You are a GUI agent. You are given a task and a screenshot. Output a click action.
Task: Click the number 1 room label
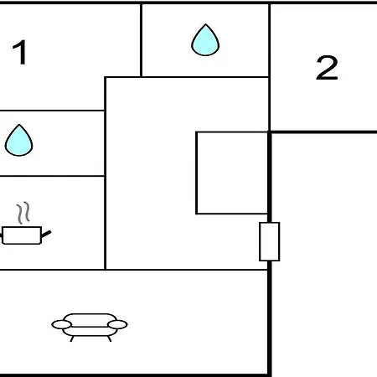20,52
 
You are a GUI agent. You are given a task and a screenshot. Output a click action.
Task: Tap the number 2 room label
327,67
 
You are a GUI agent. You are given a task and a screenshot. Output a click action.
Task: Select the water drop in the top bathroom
205,40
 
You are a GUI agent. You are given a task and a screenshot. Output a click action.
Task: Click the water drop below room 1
18,140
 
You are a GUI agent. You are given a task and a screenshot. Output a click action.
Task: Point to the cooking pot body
22,235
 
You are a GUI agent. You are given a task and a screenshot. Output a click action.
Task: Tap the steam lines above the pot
23,213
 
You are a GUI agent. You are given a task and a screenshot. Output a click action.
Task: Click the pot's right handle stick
46,234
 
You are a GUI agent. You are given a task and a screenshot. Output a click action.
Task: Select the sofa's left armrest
61,324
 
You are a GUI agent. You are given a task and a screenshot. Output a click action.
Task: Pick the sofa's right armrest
117,324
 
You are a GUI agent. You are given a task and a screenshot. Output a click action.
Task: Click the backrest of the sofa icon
90,319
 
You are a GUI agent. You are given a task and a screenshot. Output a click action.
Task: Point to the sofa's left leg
72,338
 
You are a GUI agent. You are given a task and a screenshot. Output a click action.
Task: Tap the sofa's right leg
109,338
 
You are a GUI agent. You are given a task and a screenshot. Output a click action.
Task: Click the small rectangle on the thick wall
270,242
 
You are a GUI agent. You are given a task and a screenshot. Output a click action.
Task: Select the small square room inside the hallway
232,173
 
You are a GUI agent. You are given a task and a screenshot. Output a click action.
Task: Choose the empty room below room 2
324,255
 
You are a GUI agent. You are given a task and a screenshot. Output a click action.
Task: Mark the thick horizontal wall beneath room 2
323,132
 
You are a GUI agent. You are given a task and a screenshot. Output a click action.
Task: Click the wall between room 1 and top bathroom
141,40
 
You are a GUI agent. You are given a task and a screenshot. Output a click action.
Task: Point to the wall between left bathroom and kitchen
52,176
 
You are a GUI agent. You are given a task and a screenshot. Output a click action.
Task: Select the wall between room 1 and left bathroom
52,111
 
